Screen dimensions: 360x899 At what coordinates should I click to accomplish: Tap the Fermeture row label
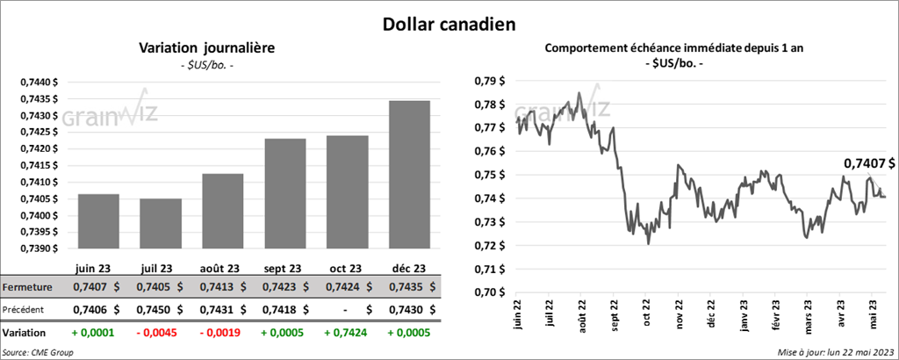point(28,286)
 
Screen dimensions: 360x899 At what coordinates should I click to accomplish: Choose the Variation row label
point(25,333)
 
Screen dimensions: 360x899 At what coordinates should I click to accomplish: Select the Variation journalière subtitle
point(207,49)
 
